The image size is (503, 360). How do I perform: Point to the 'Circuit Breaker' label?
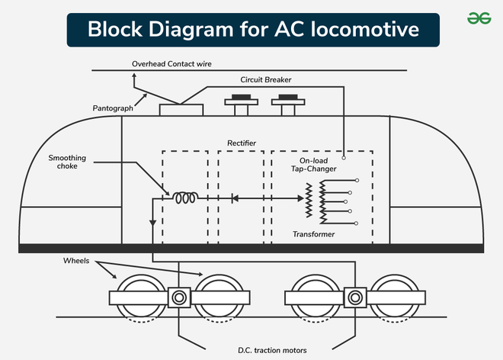pyautogui.click(x=266, y=79)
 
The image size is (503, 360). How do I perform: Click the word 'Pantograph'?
pyautogui.click(x=113, y=108)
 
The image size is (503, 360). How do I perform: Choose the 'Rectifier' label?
pyautogui.click(x=241, y=143)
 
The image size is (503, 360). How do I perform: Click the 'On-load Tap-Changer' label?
pyautogui.click(x=313, y=166)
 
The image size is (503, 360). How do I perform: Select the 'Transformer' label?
pyautogui.click(x=313, y=234)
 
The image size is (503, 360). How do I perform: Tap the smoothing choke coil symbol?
pyautogui.click(x=186, y=198)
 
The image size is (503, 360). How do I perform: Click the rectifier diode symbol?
pyautogui.click(x=235, y=198)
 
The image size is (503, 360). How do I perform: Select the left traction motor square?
pyautogui.click(x=179, y=297)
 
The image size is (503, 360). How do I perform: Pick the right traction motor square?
pyautogui.click(x=354, y=297)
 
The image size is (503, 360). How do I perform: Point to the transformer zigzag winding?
pyautogui.click(x=309, y=200)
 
